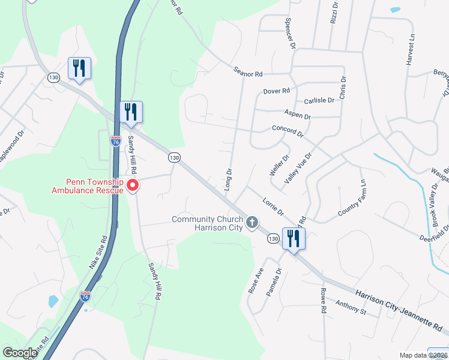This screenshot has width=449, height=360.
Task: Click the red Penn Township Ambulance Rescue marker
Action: (x=133, y=185)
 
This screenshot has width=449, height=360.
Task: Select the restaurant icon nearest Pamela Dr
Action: (x=294, y=239)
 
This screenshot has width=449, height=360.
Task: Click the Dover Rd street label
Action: (x=276, y=91)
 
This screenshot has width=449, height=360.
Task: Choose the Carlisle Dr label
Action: (x=319, y=101)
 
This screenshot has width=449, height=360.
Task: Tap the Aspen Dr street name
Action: (x=298, y=116)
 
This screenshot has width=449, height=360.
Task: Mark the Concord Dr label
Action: (x=288, y=131)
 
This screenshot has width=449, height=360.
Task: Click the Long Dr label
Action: (x=228, y=179)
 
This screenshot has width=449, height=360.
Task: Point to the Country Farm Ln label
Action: (x=352, y=198)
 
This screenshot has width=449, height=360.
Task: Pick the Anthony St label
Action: (x=351, y=308)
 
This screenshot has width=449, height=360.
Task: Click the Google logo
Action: (x=20, y=353)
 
